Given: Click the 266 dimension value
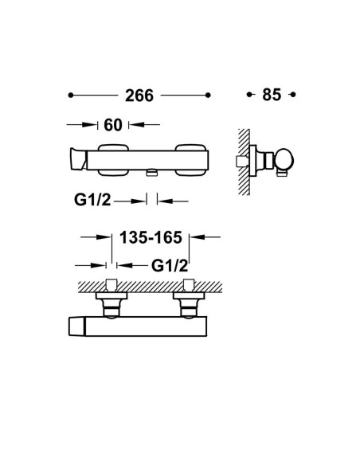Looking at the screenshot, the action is pos(139,96).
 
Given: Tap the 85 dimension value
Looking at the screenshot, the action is pos(272,95).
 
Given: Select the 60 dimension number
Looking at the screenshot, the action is pos(112,125).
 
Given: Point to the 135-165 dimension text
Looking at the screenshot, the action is pos(151,237).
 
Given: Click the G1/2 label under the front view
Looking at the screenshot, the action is pos(92,200).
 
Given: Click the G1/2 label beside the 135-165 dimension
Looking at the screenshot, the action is pos(170,266).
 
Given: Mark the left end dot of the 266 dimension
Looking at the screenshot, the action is pos(71,96).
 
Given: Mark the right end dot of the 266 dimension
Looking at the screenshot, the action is pos(208,96).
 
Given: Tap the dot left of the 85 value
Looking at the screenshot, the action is pos(249,95).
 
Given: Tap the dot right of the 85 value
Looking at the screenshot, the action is pos(293,95).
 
